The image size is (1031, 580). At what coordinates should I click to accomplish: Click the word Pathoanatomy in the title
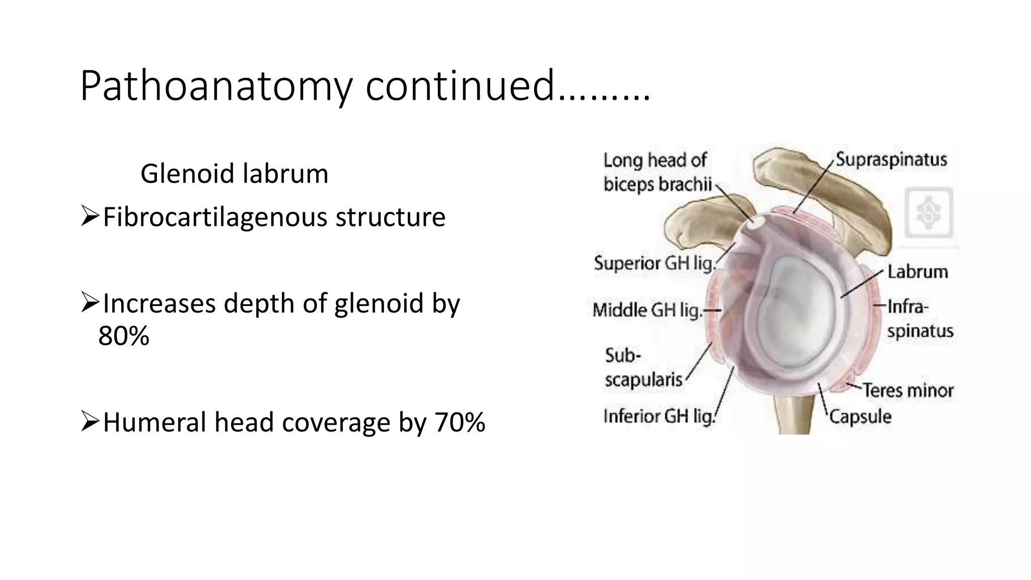[x=216, y=87]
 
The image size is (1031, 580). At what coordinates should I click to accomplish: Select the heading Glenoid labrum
[x=234, y=174]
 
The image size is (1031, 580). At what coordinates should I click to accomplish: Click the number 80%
[x=123, y=336]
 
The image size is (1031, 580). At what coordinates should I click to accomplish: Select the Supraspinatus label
[x=891, y=160]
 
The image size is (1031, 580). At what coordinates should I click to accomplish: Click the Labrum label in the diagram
[x=917, y=272]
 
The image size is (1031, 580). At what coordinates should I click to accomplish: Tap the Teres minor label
[x=908, y=390]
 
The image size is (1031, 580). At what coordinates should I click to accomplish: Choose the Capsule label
[x=860, y=417]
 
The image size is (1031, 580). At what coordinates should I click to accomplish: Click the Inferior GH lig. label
[x=659, y=416]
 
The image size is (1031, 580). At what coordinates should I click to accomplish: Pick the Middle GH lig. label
[x=647, y=310]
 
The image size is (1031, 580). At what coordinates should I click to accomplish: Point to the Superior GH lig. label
[x=654, y=263]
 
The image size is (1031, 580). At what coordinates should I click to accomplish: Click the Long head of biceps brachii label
[x=657, y=173]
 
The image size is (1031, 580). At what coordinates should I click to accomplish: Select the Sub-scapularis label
[x=643, y=368]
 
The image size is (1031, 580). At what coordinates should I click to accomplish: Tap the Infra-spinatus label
[x=919, y=319]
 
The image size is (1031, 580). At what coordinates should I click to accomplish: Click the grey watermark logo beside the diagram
[x=929, y=213]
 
